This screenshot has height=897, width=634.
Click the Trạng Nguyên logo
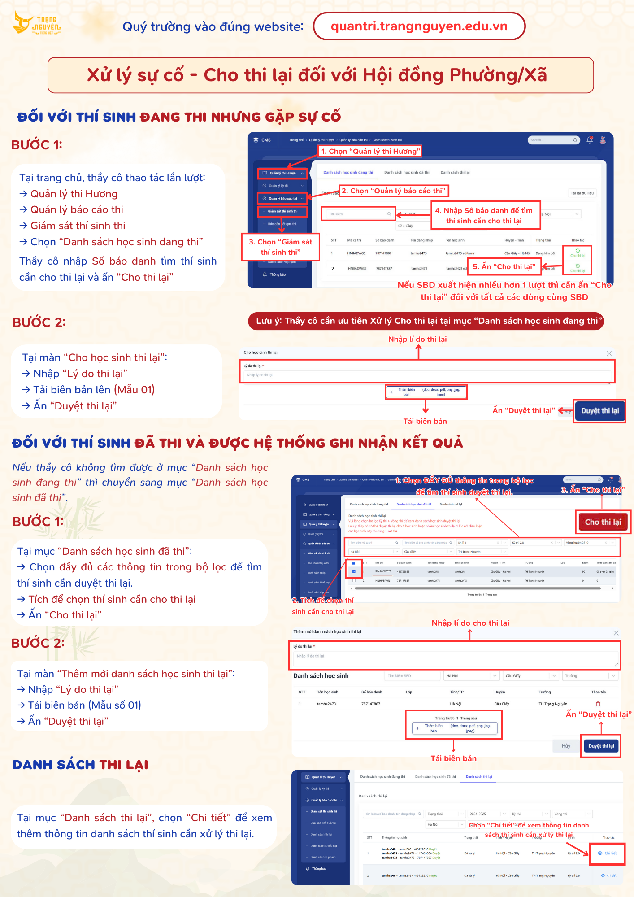click(x=37, y=24)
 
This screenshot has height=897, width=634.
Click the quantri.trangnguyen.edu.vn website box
click(x=419, y=26)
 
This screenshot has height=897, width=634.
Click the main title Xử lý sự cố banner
click(x=321, y=75)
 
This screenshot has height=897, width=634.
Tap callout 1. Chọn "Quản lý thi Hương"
click(x=370, y=152)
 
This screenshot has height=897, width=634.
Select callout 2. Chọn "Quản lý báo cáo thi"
click(x=394, y=191)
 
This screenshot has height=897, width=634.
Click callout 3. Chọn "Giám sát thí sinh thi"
click(x=280, y=247)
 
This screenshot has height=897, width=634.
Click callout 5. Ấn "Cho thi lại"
click(x=504, y=266)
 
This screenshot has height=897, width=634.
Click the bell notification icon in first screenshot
click(x=590, y=140)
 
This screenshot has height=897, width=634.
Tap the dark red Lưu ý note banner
click(x=426, y=321)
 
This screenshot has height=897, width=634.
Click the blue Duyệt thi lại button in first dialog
click(x=599, y=411)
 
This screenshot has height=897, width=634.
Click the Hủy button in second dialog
click(x=566, y=746)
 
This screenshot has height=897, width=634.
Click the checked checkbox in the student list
click(x=354, y=571)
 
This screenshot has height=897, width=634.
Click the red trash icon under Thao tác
click(x=598, y=704)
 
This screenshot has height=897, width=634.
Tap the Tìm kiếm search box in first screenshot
click(x=358, y=214)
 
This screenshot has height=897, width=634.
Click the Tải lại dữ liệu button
click(x=582, y=193)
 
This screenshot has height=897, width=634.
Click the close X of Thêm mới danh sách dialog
click(x=616, y=633)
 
